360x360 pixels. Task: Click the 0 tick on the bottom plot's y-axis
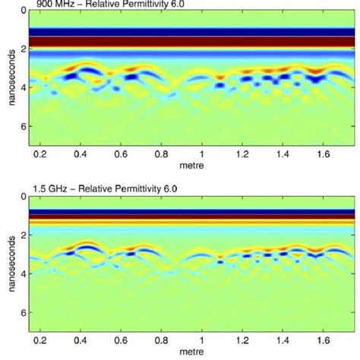click(x=22, y=197)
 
